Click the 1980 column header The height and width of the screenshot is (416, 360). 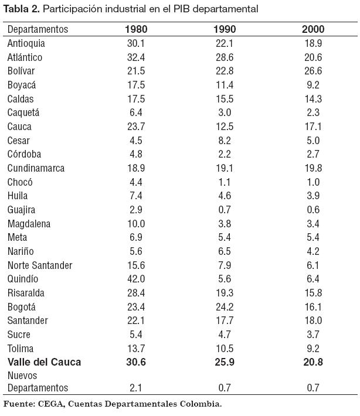tap(136, 29)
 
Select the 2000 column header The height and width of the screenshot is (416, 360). tap(313, 29)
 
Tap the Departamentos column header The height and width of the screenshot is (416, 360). tap(38, 29)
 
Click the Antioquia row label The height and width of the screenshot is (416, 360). tap(26, 43)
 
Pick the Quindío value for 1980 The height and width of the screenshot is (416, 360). tap(136, 279)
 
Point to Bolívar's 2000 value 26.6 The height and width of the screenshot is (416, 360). tap(313, 71)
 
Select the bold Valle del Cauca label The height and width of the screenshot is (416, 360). tap(44, 362)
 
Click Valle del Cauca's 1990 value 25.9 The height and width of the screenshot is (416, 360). tap(225, 362)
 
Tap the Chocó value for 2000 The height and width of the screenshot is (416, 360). tap(313, 182)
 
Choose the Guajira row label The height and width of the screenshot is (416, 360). tap(22, 210)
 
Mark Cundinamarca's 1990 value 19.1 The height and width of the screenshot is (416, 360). tap(225, 168)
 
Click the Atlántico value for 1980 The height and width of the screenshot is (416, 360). tap(136, 57)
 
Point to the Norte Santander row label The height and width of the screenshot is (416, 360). tap(40, 265)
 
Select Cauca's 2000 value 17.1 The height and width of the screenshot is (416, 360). tap(313, 127)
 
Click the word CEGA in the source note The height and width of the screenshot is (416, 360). tap(51, 404)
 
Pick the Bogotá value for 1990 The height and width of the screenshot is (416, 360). tap(225, 306)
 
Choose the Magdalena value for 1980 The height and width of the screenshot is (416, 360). tap(136, 223)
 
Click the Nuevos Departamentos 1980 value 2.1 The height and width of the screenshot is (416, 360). tap(136, 388)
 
